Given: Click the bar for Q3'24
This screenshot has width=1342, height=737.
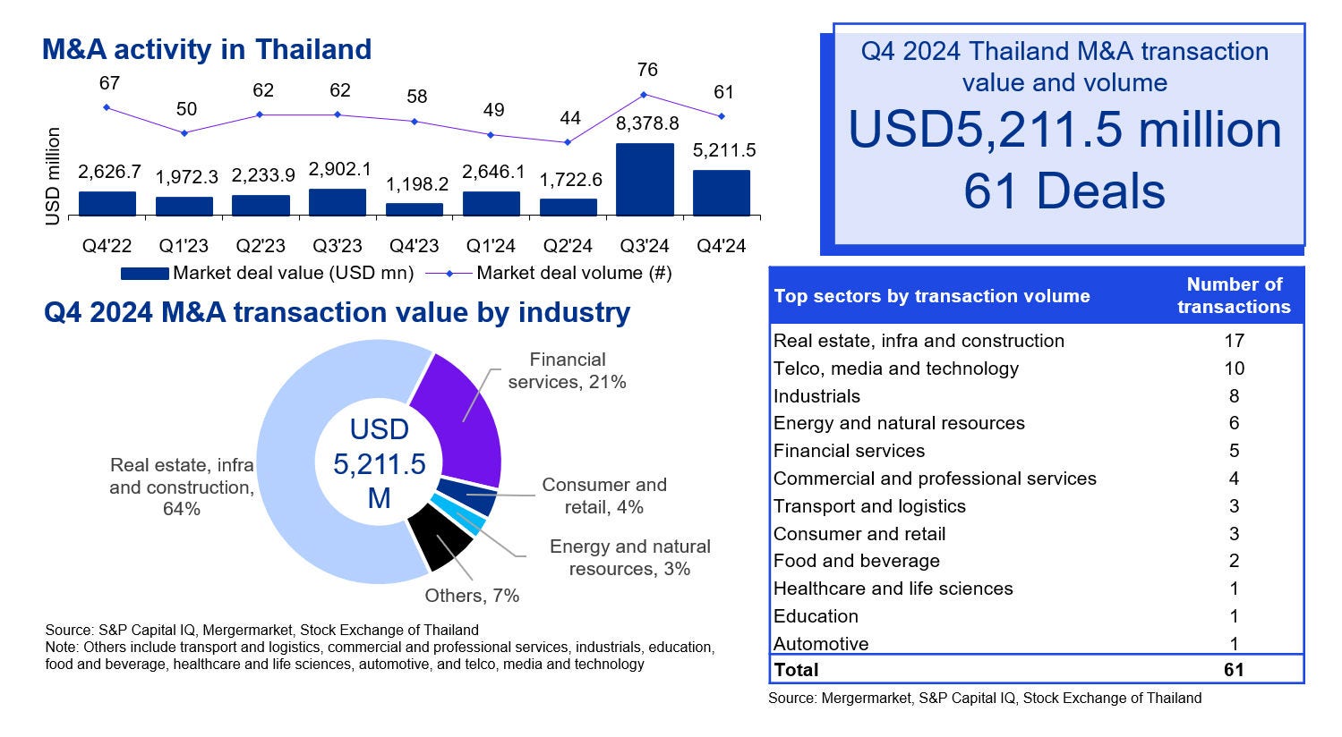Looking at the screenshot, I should [645, 179].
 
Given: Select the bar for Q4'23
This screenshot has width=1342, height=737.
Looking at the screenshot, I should [415, 209].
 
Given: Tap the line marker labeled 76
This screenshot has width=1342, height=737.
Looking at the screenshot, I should [645, 95].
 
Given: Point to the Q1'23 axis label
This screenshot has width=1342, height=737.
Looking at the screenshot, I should [184, 245].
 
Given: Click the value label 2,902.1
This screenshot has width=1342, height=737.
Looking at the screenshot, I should [338, 169].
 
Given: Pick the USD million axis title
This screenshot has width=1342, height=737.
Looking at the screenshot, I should [54, 176].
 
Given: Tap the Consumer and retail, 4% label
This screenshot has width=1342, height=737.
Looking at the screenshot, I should [604, 496].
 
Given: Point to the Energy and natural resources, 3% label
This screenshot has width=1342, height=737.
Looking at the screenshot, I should [629, 557].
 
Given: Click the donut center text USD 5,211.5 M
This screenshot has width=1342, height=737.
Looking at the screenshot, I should [380, 463].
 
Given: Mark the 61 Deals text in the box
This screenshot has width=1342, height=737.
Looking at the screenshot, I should [1064, 191].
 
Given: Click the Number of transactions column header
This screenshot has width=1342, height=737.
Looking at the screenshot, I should [1234, 295].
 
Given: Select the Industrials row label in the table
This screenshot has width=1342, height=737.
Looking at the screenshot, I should [816, 396].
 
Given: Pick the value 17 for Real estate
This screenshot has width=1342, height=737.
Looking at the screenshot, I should [1234, 341].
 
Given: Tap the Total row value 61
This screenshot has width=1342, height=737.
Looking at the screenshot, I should [1234, 670].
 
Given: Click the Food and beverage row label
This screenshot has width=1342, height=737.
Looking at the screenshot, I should [857, 561].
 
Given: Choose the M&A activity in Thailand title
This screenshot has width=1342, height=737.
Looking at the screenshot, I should [207, 49].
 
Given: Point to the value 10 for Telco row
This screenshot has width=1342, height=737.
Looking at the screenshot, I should [1234, 368].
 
